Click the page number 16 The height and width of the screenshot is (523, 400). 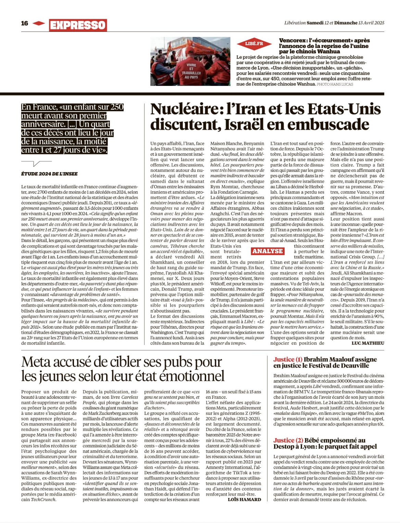tap(25, 23)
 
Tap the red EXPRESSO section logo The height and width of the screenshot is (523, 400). tap(78, 25)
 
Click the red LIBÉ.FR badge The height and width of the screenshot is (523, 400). tap(254, 43)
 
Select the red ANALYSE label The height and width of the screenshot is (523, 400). tap(268, 251)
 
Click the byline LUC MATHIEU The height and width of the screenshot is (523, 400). tap(368, 343)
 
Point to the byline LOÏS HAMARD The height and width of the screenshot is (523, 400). tap(244, 499)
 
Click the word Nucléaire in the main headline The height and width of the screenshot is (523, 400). tap(185, 109)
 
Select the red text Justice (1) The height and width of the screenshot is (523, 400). tap(288, 359)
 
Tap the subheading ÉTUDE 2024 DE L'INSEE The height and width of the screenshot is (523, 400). tap(49, 174)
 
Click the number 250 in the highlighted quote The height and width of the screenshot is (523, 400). tap(117, 107)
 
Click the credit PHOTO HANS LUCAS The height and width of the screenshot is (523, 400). tap(335, 84)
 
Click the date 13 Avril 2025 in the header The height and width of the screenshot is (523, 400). tap(371, 23)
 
